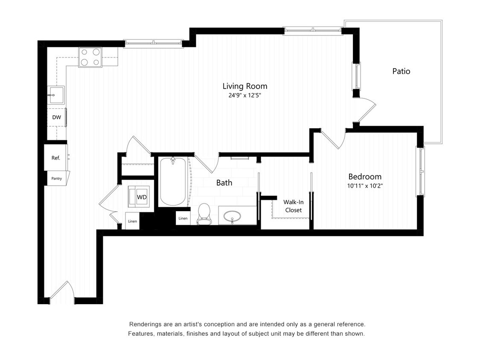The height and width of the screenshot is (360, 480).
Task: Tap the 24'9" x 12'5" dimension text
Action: [244, 96]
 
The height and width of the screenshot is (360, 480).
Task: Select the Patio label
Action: [401, 71]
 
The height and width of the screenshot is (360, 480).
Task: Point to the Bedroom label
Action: [365, 177]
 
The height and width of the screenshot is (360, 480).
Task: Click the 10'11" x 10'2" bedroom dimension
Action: [365, 186]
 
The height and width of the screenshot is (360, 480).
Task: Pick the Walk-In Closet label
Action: [293, 206]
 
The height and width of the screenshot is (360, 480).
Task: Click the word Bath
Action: [224, 183]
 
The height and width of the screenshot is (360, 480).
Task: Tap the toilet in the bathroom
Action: [204, 213]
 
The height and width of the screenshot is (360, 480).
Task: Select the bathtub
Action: [173, 182]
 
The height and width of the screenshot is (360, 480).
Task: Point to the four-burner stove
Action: [90, 57]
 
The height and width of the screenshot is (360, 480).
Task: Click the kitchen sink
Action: [55, 95]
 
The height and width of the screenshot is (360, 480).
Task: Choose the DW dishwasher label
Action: [56, 117]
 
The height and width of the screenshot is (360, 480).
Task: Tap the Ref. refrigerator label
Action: [56, 158]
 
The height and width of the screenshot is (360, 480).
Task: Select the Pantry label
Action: [57, 179]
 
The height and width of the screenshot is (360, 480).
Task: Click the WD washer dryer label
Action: [142, 197]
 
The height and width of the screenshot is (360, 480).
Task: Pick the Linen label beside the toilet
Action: [183, 218]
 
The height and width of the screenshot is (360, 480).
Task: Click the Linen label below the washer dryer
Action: [132, 221]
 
